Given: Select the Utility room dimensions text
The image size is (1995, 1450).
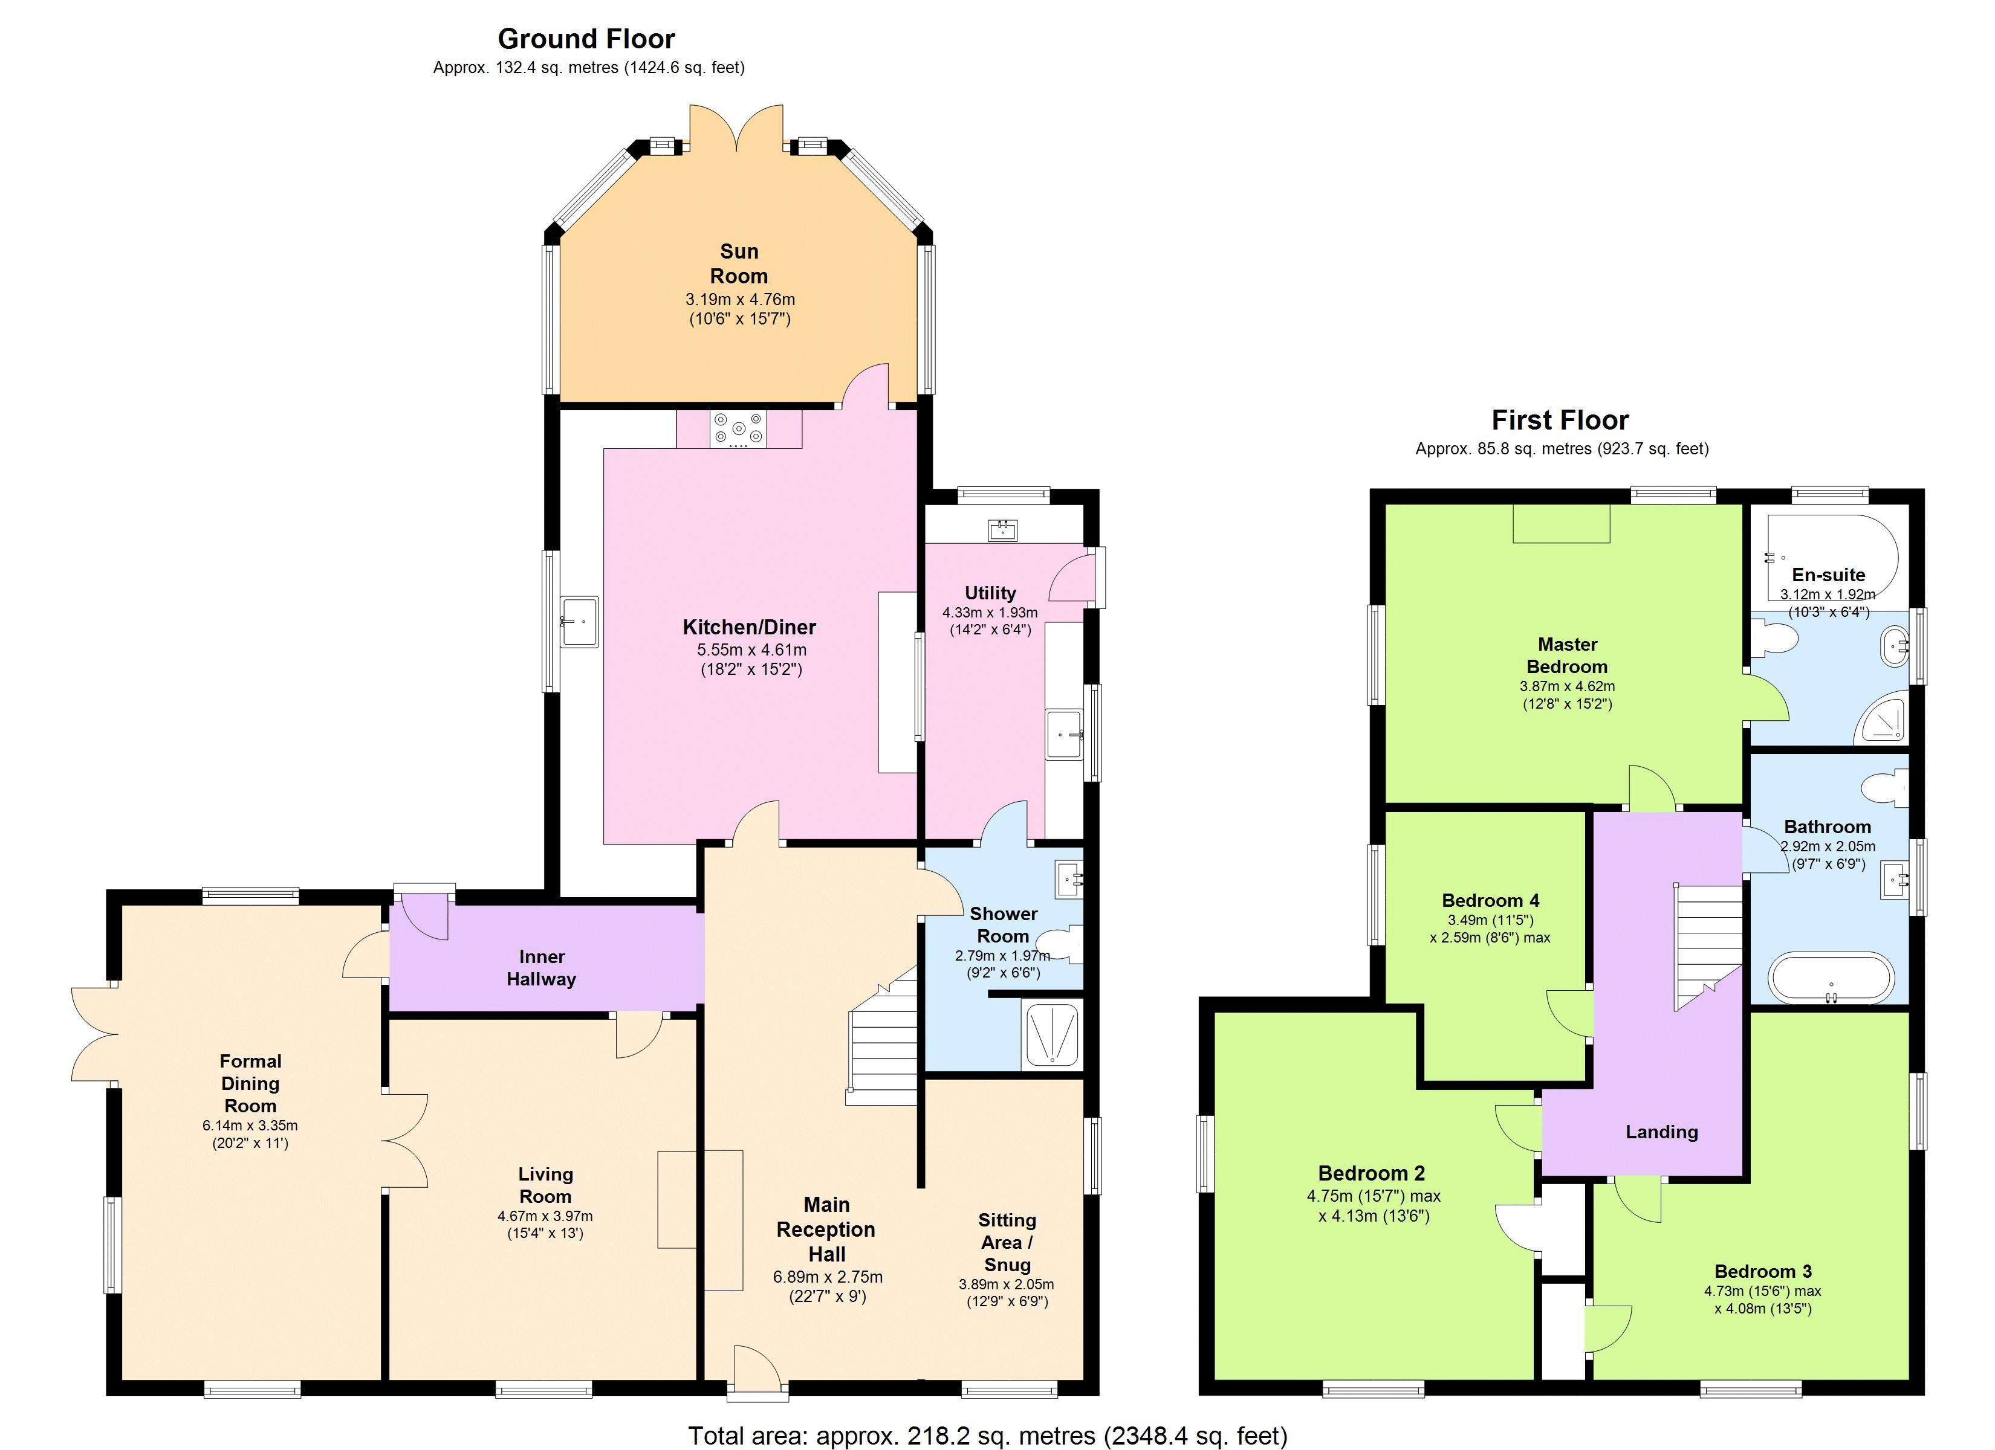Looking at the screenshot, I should click(x=990, y=621).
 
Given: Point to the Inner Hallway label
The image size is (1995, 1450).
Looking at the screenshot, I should click(x=542, y=967).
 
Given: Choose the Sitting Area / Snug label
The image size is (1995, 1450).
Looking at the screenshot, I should click(x=1007, y=1242).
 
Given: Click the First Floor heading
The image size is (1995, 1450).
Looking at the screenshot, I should click(x=1560, y=420).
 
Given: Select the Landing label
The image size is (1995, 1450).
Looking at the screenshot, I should click(x=1661, y=1132).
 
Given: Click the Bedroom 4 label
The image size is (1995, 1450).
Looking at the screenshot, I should click(x=1490, y=900).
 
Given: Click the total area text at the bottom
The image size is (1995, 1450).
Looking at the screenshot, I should click(x=987, y=1435).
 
